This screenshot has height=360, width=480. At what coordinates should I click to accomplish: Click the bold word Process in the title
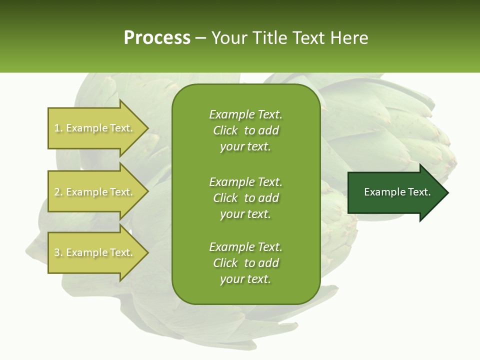(157, 38)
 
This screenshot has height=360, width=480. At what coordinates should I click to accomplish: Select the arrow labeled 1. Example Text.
(95, 128)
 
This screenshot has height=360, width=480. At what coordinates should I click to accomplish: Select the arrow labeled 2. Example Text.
(95, 192)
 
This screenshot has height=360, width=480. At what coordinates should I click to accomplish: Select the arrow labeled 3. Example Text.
(95, 252)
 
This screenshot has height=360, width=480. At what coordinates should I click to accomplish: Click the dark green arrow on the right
(395, 192)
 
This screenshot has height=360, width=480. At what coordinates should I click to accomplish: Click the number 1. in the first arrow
(58, 128)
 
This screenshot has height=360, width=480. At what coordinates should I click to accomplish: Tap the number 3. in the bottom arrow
(58, 253)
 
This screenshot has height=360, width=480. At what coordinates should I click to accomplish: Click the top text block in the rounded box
(245, 130)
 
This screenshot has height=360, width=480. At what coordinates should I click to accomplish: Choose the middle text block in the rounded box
(245, 198)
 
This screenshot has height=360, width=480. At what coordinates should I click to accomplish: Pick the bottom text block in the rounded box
(245, 263)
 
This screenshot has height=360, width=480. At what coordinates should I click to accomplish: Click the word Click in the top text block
(225, 131)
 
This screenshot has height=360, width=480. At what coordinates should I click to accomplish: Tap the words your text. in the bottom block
(245, 279)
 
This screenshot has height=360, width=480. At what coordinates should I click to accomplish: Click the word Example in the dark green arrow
(381, 192)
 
